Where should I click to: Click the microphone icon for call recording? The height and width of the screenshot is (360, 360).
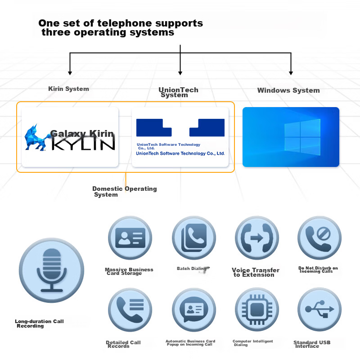[x=51, y=270]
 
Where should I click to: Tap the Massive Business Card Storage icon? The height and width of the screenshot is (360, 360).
[x=130, y=238]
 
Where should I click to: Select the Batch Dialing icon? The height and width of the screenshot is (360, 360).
[x=194, y=238]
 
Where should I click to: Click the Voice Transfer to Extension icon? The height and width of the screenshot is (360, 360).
[x=257, y=238]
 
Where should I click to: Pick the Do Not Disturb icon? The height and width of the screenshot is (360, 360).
[x=319, y=238]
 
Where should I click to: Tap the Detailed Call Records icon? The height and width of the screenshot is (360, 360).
[x=130, y=310]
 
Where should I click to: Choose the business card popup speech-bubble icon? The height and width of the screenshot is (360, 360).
[x=194, y=310]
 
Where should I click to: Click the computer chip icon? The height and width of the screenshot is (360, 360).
[x=257, y=310]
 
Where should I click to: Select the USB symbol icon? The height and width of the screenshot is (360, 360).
[x=319, y=310]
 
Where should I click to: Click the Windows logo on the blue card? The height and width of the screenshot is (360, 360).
[x=302, y=137]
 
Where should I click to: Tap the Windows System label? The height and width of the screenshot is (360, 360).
[x=288, y=90]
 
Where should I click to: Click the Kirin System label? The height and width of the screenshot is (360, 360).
[x=68, y=89]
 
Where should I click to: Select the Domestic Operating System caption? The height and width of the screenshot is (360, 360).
[x=125, y=192]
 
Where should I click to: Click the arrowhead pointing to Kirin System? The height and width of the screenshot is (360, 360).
[x=70, y=73]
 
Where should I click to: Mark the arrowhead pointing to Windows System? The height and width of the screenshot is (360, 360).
[x=291, y=73]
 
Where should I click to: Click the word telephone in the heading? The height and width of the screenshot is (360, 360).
[x=125, y=23]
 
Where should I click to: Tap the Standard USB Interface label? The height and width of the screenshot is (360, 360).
[x=312, y=344]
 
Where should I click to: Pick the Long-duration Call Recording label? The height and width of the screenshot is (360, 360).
[x=39, y=324]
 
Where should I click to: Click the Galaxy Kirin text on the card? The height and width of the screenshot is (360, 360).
[x=82, y=133]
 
